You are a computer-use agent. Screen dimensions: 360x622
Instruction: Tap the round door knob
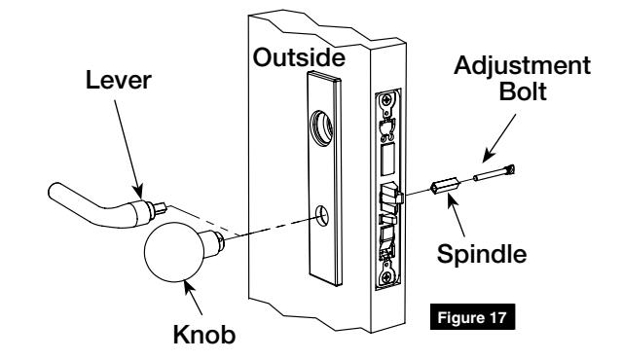pyautogui.click(x=179, y=256)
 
